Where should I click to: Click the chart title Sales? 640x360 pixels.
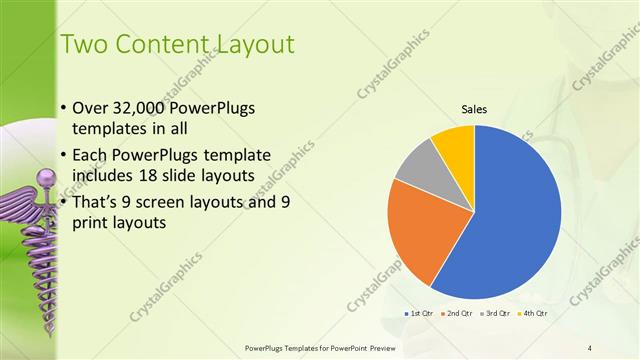474,109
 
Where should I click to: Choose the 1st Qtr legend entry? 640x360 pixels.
418,313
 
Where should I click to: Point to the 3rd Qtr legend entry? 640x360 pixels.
496,313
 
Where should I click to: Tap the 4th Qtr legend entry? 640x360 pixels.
534,313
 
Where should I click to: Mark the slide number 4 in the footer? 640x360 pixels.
590,347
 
